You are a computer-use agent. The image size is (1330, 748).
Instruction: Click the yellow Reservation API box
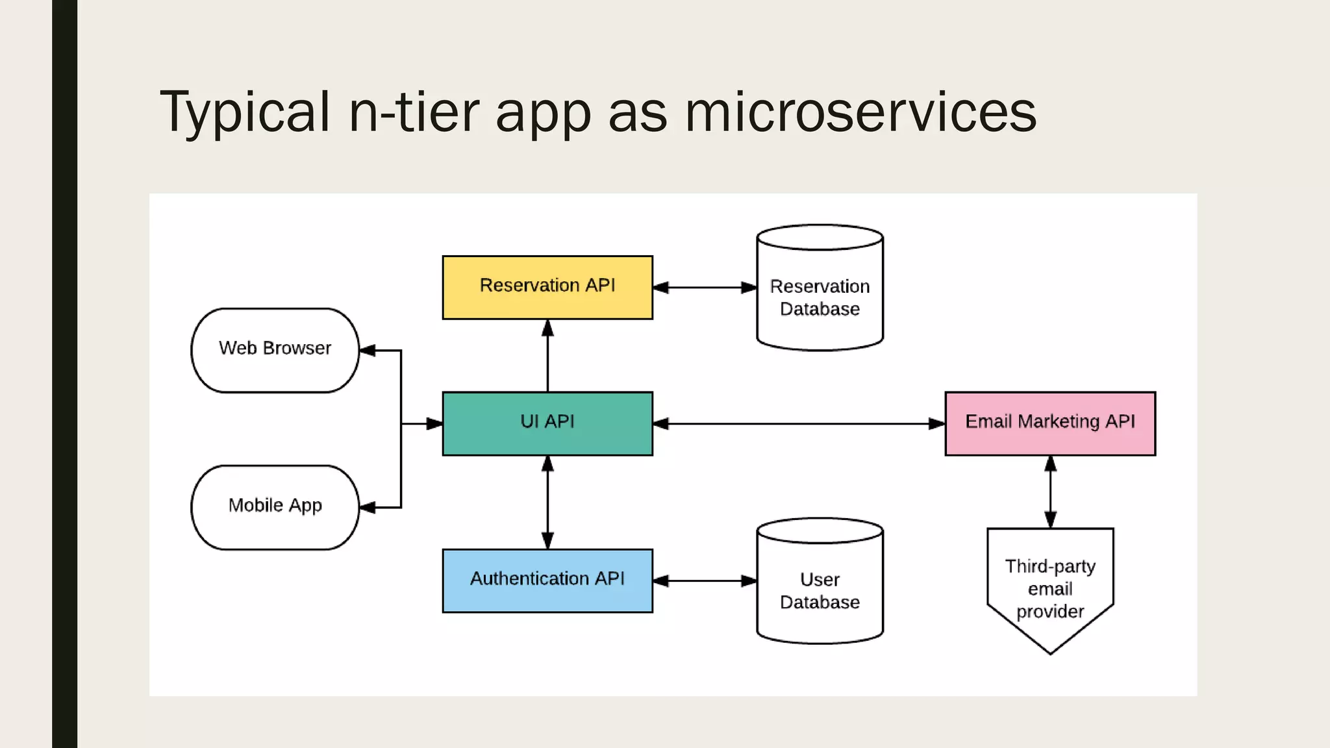tap(547, 287)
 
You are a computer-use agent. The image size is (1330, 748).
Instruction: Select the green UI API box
tap(547, 423)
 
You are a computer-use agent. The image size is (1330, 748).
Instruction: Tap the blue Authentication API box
tap(547, 580)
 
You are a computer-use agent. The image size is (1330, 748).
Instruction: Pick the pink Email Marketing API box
tap(1050, 423)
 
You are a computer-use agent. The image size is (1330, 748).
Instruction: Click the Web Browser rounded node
tap(275, 350)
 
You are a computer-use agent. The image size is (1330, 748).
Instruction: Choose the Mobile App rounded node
tap(275, 507)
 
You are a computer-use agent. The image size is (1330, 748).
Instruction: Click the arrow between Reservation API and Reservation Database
tap(705, 287)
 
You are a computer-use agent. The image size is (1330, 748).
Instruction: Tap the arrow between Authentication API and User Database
tap(705, 580)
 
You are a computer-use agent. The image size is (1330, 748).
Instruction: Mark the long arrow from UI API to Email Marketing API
tap(799, 423)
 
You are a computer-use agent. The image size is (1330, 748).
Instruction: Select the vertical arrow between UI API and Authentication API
tap(547, 502)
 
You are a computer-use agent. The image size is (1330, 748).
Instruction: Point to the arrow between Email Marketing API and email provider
tap(1050, 492)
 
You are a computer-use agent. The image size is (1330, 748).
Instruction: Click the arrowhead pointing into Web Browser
tap(368, 350)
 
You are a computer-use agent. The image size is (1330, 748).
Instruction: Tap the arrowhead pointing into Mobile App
tap(368, 507)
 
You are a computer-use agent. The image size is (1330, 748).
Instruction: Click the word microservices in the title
tap(860, 112)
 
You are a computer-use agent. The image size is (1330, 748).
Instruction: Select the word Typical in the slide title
tap(245, 112)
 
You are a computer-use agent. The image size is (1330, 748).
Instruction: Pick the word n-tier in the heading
tap(414, 112)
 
